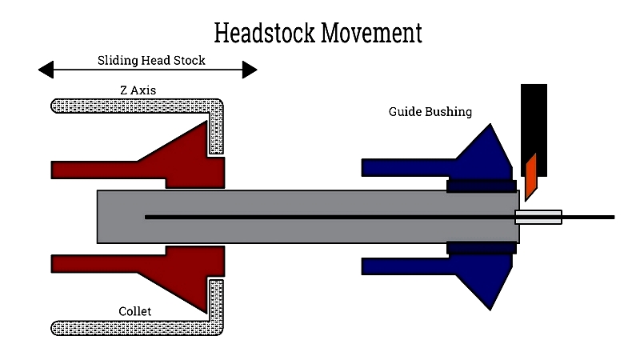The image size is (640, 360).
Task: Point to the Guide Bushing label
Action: point(430,112)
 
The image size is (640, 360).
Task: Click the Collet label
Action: point(134,310)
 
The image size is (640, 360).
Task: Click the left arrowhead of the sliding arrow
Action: point(46,70)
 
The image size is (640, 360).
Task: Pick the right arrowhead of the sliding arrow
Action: point(250,70)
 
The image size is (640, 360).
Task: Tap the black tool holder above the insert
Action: point(534,120)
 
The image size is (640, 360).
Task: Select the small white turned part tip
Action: point(538,217)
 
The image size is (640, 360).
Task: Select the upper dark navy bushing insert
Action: point(481,186)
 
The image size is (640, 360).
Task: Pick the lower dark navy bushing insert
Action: point(481,248)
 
